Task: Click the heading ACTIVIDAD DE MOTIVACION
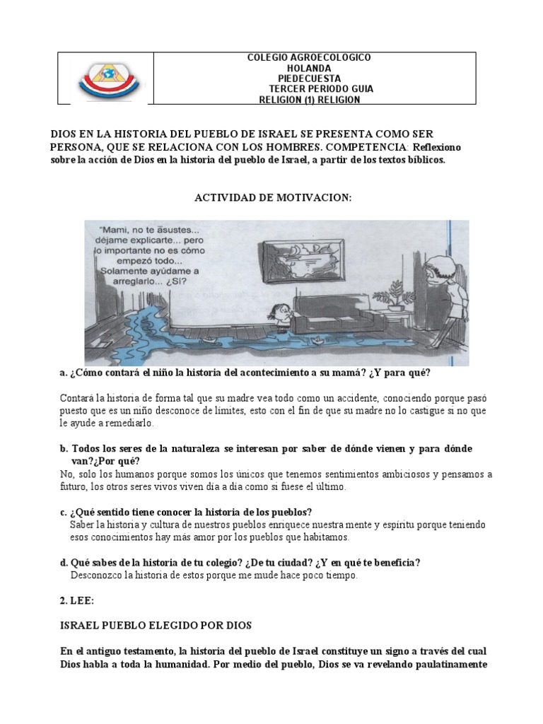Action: click(x=273, y=199)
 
